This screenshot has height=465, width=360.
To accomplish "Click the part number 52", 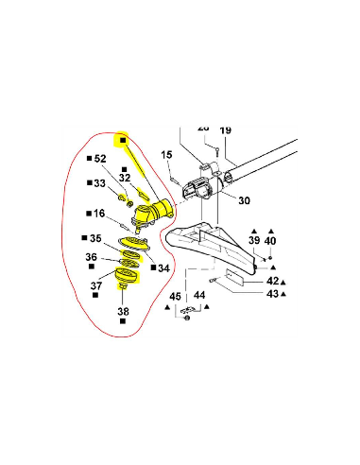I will point(101,159).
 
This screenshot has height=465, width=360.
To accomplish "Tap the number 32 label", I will point(124,177).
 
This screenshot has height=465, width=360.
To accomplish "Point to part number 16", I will point(99,214).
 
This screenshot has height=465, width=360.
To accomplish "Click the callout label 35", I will point(95,238).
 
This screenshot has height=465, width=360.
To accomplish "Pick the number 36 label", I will point(92,257).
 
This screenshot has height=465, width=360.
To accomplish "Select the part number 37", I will point(96,284).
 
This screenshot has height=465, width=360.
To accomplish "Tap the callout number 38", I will point(123,310).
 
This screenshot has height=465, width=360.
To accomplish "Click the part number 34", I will point(163,268).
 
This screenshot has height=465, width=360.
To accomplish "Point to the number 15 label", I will point(166,155).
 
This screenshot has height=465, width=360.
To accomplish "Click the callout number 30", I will point(244,200).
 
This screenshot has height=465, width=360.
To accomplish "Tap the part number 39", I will point(253,242).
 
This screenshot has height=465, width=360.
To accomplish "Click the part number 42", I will point(272,281).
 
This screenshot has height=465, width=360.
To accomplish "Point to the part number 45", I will point(175,297).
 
